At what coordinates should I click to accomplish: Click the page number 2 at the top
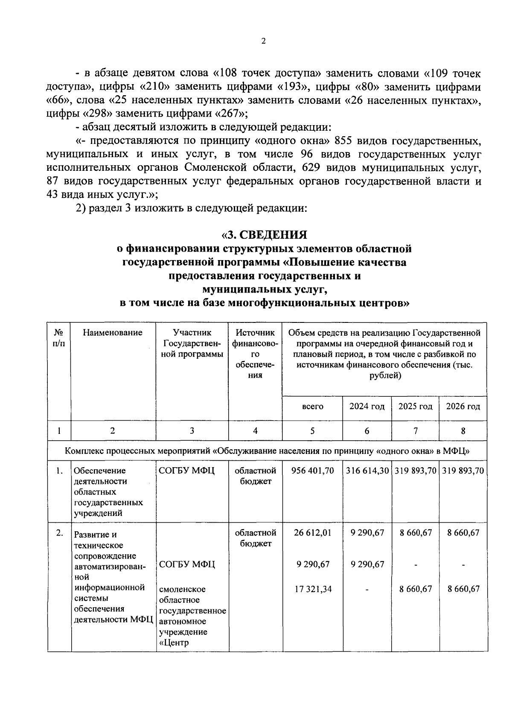(x=263, y=41)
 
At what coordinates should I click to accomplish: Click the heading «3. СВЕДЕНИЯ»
(x=264, y=235)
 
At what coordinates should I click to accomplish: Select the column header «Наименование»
(x=113, y=333)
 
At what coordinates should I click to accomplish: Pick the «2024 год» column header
(x=367, y=406)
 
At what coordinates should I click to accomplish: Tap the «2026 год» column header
(x=463, y=406)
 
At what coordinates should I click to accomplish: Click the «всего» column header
(x=312, y=407)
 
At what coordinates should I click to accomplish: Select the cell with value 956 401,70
(x=312, y=471)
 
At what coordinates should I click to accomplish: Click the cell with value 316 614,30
(x=367, y=471)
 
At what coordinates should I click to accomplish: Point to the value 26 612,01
(x=313, y=533)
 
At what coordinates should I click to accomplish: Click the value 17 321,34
(x=313, y=589)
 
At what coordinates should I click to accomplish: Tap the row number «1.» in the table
(x=59, y=471)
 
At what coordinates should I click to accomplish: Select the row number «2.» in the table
(x=59, y=533)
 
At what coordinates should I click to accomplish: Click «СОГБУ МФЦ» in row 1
(x=186, y=471)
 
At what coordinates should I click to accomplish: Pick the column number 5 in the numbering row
(x=312, y=431)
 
